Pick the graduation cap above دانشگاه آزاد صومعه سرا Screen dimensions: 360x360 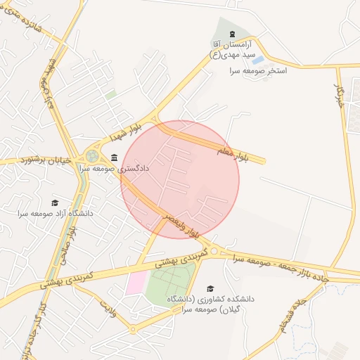point(56,202)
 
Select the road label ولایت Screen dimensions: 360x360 point(108,308)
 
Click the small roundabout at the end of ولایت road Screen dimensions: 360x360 point(132,329)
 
